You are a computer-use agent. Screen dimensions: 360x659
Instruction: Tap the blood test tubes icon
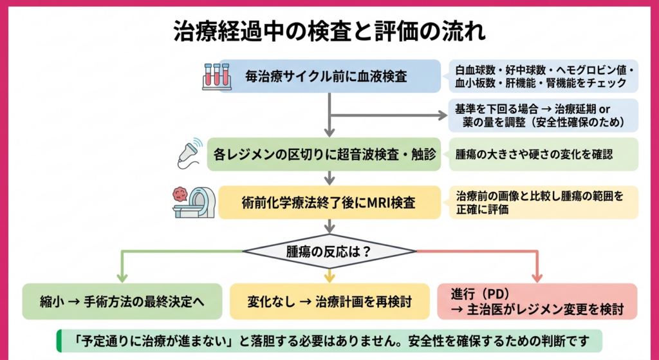point(216,75)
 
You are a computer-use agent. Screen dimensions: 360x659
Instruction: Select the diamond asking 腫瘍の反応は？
point(329,251)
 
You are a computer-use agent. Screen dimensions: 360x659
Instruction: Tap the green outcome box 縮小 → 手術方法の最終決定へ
point(122,301)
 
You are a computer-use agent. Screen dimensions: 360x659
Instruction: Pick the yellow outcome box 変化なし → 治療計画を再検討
point(329,301)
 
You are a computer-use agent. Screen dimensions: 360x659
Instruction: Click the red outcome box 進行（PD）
point(537,301)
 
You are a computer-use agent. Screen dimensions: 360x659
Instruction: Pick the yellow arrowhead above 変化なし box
point(329,277)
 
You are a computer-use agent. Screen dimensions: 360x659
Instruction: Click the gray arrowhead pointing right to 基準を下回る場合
point(442,116)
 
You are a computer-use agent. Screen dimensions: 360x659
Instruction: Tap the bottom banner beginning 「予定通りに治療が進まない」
point(329,341)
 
